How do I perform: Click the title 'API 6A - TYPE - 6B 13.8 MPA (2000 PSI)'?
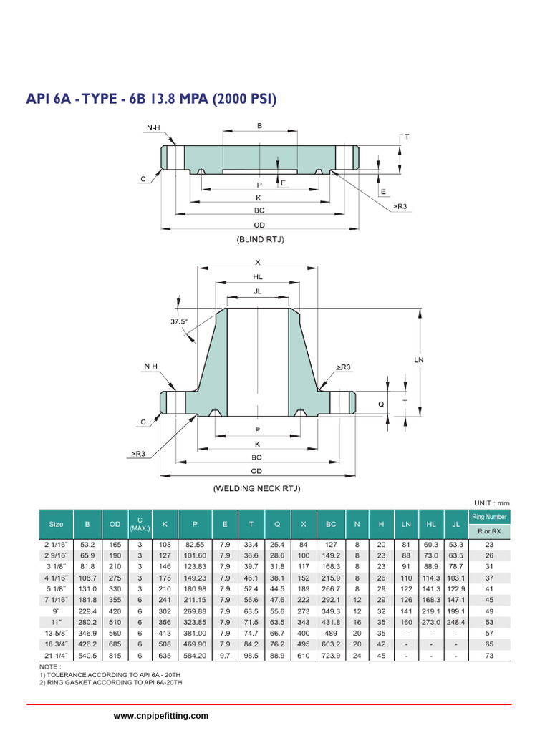click(x=152, y=98)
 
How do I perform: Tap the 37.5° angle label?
click(x=179, y=322)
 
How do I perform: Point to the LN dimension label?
click(x=419, y=359)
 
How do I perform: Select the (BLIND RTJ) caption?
click(x=260, y=240)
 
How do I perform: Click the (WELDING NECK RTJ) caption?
click(x=256, y=488)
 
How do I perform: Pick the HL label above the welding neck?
click(x=258, y=276)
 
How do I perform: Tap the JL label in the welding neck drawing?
click(x=258, y=291)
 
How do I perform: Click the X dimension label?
click(x=258, y=263)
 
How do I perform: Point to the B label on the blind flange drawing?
click(x=259, y=126)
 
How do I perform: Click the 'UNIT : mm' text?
click(x=491, y=503)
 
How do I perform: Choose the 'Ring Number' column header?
click(x=489, y=517)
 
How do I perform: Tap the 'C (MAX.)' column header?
click(x=139, y=524)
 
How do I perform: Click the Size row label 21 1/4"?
click(x=56, y=654)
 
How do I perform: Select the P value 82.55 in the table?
click(x=196, y=544)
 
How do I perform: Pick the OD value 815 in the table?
click(x=115, y=654)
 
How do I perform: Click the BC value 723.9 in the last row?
click(x=331, y=654)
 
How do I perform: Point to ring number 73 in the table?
click(x=489, y=654)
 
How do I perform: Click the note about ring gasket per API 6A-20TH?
click(x=111, y=683)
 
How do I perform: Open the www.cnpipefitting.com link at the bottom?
click(x=161, y=716)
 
